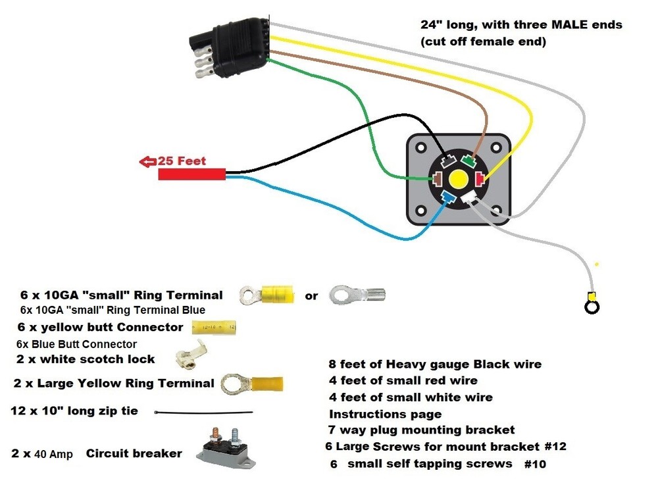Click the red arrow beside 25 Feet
click(146, 161)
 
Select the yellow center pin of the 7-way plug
click(457, 179)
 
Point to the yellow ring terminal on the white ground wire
click(592, 305)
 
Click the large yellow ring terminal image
click(253, 383)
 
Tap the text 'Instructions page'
click(385, 415)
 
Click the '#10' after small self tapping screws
click(535, 464)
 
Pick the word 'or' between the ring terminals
click(311, 295)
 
